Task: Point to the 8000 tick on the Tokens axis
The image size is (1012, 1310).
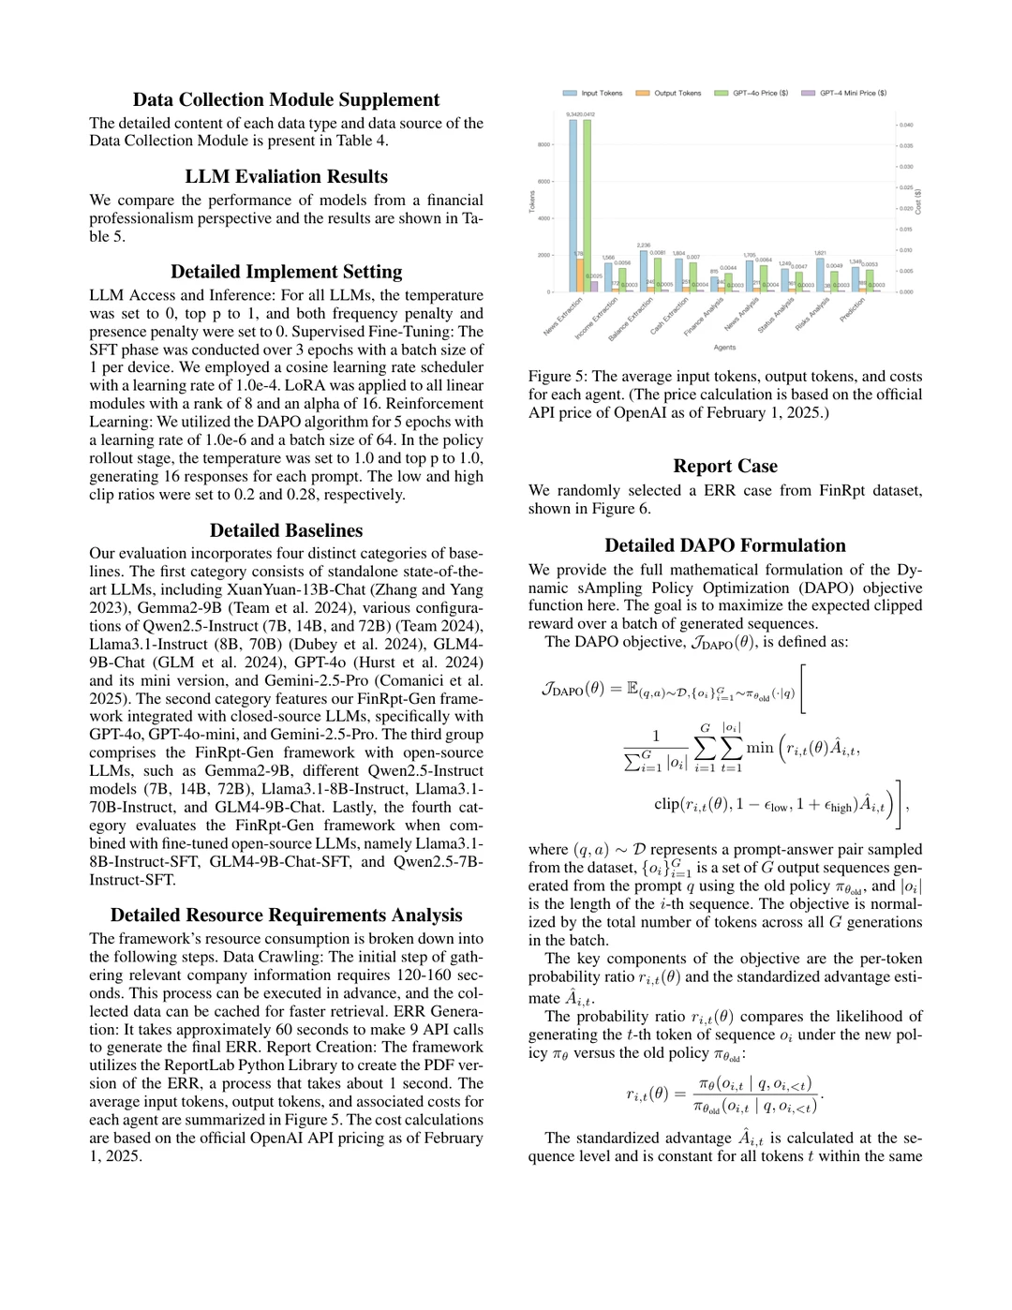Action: point(543,145)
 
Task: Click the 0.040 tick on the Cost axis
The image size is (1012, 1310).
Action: point(906,125)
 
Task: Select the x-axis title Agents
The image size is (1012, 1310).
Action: point(724,348)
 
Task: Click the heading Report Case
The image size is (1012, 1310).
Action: point(725,467)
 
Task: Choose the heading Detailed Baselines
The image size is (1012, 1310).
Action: point(286,530)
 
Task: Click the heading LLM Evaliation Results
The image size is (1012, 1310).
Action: point(286,177)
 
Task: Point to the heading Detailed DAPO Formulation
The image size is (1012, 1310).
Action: point(725,545)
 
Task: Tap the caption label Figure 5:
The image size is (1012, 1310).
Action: point(558,377)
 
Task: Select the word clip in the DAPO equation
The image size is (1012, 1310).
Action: point(666,804)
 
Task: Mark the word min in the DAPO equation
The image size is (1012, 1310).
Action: point(759,748)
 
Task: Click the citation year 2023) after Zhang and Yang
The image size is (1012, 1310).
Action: point(110,607)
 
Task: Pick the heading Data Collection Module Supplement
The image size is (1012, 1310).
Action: point(286,100)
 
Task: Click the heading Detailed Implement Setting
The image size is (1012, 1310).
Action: point(286,272)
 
